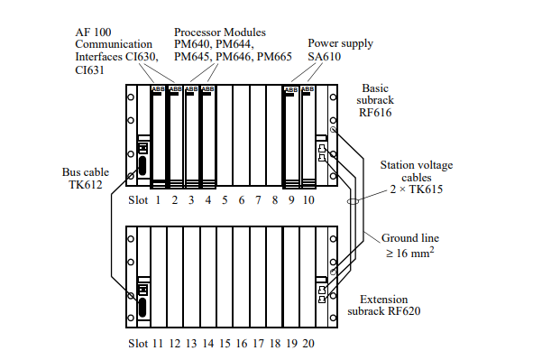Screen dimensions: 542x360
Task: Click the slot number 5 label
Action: [x=225, y=200]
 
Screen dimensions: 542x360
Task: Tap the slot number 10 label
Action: [x=308, y=200]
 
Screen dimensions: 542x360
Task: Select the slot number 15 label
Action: [x=225, y=344]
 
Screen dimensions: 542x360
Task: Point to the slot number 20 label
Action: [x=308, y=344]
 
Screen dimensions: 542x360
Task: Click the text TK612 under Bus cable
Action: [x=86, y=185]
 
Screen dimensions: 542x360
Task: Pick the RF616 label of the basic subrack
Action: [x=375, y=113]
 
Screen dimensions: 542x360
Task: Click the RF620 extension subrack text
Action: [x=404, y=311]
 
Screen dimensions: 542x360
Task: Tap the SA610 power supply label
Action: [x=325, y=56]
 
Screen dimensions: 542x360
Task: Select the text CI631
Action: [x=89, y=69]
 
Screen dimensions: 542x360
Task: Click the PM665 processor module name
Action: [x=274, y=56]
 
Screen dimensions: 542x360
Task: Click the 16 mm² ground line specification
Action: [x=410, y=253]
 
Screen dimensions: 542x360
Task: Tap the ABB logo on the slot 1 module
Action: [x=158, y=89]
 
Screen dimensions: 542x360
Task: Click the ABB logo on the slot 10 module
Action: [x=308, y=89]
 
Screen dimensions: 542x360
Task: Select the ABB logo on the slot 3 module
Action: [x=191, y=89]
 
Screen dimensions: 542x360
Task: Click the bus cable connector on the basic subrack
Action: [x=142, y=166]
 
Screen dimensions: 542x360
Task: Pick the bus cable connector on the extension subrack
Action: [x=142, y=308]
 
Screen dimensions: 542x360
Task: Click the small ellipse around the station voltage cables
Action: [x=353, y=201]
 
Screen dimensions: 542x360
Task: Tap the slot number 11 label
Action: [x=158, y=344]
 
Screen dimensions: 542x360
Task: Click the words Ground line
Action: [x=410, y=238]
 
